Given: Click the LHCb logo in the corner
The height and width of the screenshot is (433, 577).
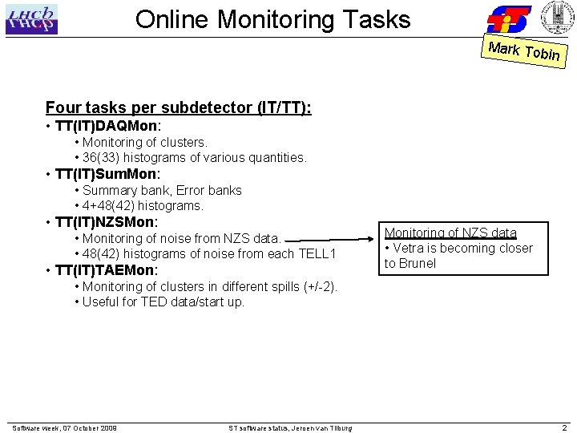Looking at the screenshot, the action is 31,20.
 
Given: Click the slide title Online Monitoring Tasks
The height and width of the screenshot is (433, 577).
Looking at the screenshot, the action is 272,19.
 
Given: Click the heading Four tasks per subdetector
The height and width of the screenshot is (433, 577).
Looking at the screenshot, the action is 179,107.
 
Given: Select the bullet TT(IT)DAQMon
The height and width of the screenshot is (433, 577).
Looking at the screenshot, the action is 108,126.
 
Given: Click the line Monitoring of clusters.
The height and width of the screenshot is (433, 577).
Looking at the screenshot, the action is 145,142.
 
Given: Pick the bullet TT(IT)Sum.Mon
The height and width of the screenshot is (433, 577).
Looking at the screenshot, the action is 108,174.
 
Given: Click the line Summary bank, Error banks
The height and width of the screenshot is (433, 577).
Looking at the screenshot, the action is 162,190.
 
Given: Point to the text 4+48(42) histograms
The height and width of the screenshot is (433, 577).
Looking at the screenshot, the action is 143,205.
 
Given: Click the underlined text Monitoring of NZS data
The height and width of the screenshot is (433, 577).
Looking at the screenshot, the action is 450,233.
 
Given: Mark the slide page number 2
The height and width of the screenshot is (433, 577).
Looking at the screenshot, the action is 564,428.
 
